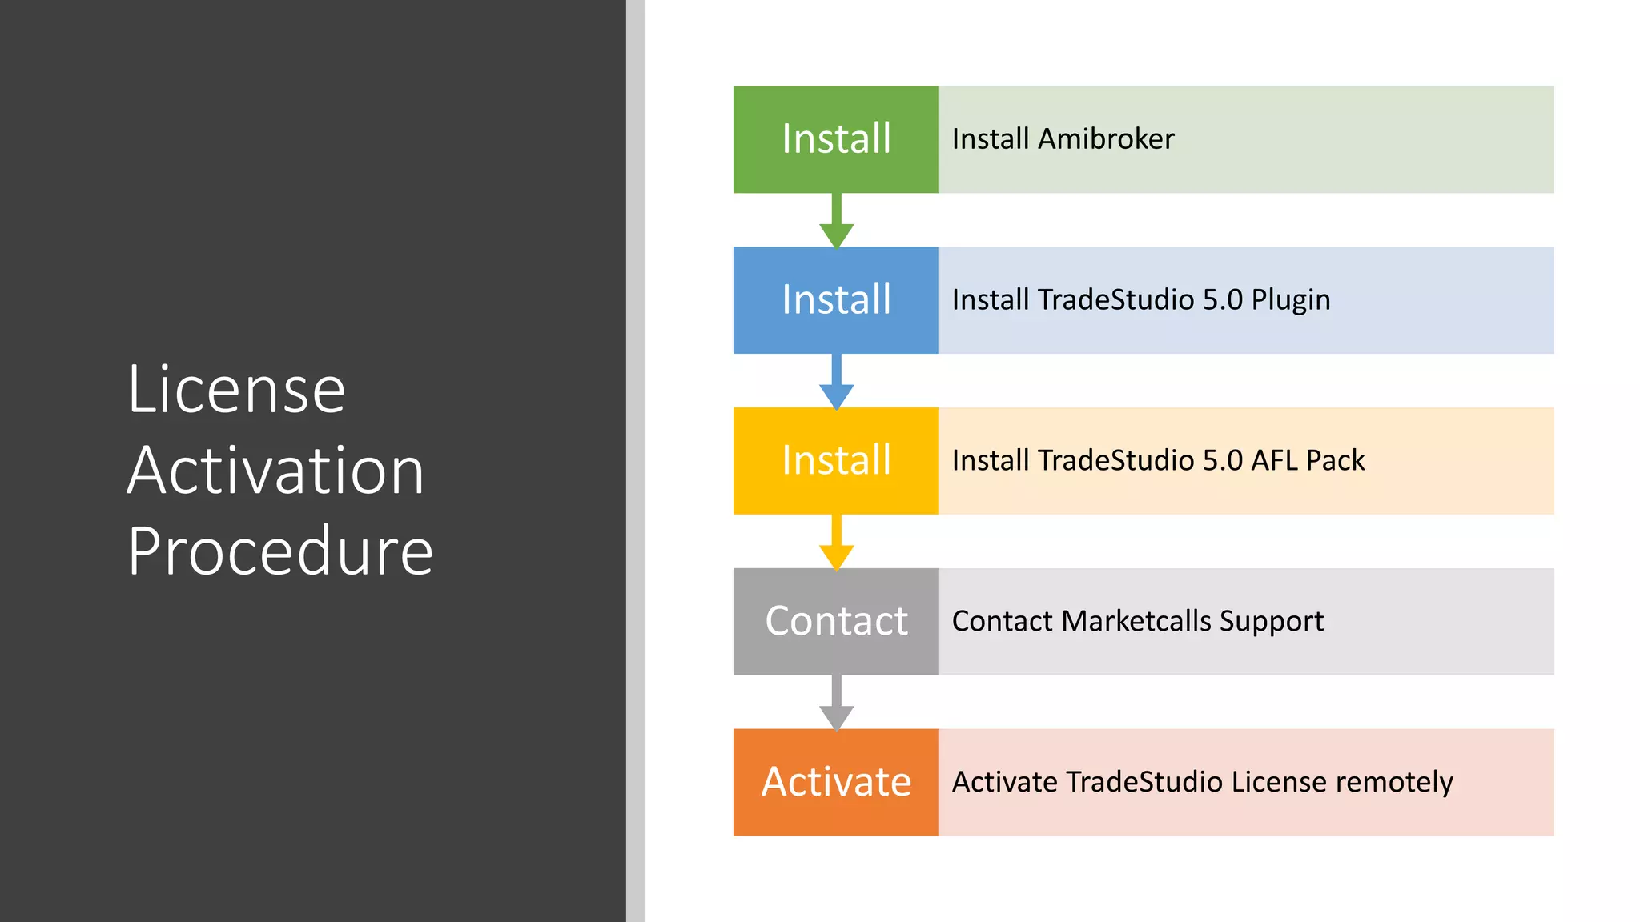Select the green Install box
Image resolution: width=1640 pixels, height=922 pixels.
pyautogui.click(x=835, y=139)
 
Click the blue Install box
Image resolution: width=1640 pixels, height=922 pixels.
pyautogui.click(x=835, y=300)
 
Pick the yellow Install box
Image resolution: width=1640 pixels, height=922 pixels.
pyautogui.click(x=835, y=461)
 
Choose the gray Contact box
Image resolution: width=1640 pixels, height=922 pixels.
pyautogui.click(x=835, y=622)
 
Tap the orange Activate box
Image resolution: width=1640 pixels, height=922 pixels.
pyautogui.click(x=835, y=782)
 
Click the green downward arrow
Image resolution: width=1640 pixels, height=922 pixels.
pyautogui.click(x=836, y=223)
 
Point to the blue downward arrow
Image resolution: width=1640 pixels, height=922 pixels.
pyautogui.click(x=836, y=384)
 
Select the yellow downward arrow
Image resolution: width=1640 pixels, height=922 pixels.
pyautogui.click(x=836, y=545)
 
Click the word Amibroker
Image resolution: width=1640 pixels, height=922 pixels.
pyautogui.click(x=1106, y=139)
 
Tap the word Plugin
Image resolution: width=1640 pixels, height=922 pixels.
pyautogui.click(x=1291, y=301)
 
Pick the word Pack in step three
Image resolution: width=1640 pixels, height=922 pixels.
pyautogui.click(x=1335, y=461)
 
